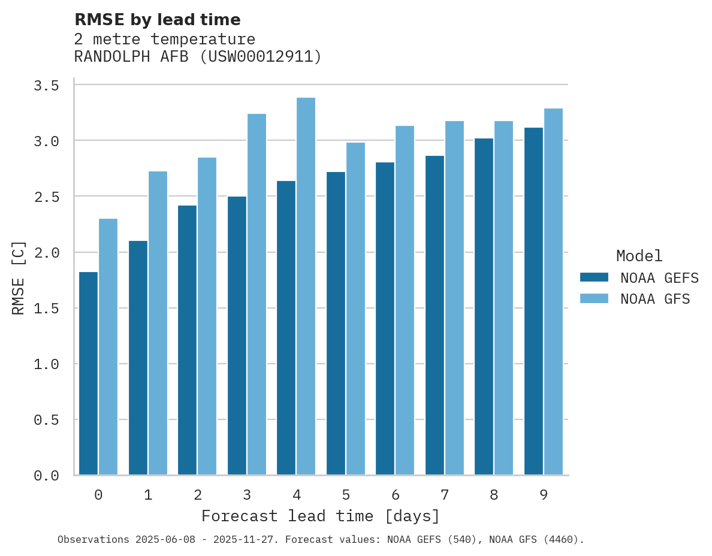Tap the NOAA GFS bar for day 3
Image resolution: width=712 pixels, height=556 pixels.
[x=257, y=294]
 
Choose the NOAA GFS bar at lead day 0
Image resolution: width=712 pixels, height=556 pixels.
[x=108, y=347]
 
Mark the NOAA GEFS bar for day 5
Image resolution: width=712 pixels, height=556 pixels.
[x=336, y=324]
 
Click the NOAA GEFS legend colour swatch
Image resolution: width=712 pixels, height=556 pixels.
[x=594, y=277]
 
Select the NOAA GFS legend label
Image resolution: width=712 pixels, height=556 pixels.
[x=655, y=299]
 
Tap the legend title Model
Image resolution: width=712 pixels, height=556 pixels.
[x=639, y=256]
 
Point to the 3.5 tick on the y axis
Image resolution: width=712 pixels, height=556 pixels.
[x=46, y=86]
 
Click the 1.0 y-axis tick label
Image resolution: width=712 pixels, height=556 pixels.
[x=46, y=364]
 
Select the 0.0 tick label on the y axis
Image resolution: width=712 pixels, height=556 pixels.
[x=46, y=476]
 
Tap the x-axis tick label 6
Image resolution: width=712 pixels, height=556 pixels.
[x=395, y=495]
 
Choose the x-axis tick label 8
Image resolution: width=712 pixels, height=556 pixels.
[x=494, y=495]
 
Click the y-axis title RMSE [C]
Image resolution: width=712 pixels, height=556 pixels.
[x=19, y=277]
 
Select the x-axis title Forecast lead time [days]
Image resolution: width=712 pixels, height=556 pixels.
[x=321, y=516]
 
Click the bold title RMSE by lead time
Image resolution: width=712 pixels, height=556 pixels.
[x=157, y=20]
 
